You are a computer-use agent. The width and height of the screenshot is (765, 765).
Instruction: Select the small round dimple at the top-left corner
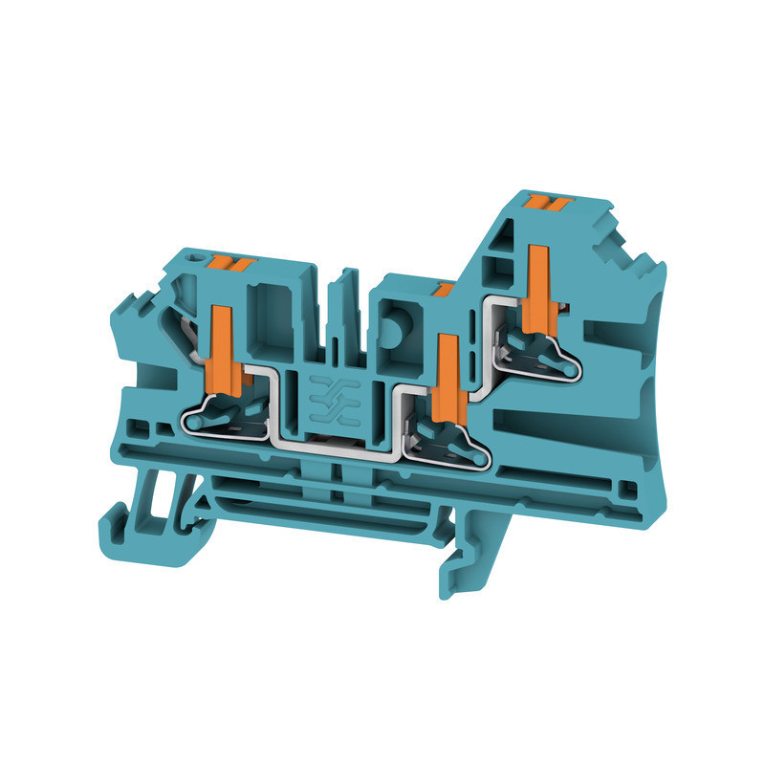pos(199,257)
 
